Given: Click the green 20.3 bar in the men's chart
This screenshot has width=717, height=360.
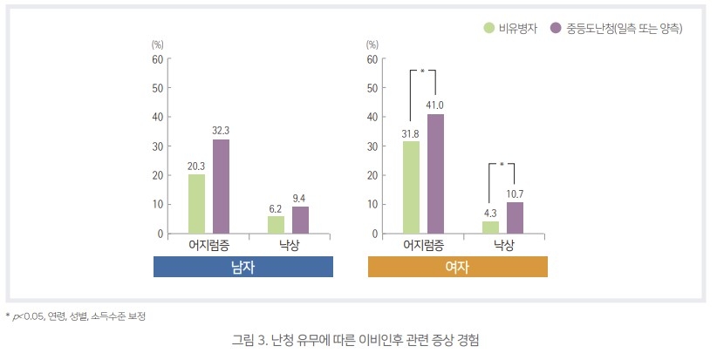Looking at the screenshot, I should point(197,204).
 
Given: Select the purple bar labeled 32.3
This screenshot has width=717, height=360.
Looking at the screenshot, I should point(221,187).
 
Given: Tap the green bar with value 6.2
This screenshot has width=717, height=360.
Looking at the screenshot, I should point(276,225).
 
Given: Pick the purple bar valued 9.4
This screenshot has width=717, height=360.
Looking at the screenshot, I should point(300,220).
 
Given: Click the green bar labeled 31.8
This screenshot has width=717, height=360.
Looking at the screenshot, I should point(411,187).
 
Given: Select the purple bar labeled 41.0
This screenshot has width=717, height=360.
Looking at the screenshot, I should point(435,174).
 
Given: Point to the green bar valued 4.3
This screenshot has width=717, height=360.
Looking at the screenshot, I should point(490,228).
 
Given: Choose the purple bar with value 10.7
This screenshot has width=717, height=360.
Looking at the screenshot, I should point(515,218).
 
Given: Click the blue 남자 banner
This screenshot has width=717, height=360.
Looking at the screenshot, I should point(243,267).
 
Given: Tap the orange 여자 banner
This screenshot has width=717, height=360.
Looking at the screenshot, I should point(458,267).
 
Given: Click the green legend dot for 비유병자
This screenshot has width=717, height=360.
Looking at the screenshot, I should point(489,29).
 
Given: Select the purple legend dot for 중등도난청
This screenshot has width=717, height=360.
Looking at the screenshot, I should point(556,29).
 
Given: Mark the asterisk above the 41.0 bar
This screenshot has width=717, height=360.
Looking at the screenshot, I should point(422,71).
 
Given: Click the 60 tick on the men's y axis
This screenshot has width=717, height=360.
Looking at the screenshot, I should point(157,59).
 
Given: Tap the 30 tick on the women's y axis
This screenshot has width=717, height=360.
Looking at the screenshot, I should point(372,146).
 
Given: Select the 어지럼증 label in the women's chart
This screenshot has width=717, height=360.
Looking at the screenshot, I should point(423,245).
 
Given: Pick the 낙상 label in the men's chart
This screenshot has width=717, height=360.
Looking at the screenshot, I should point(288,245).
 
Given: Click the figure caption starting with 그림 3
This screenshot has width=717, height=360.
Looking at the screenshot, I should point(358,339).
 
